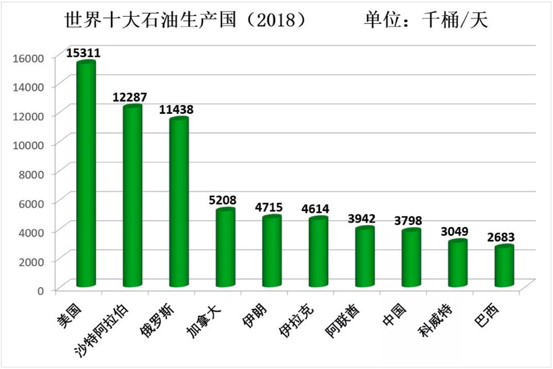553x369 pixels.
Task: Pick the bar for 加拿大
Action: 225,248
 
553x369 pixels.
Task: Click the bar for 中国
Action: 410,258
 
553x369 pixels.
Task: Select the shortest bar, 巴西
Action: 504,266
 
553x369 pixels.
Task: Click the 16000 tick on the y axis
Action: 29,58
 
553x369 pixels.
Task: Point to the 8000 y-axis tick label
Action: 32,173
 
